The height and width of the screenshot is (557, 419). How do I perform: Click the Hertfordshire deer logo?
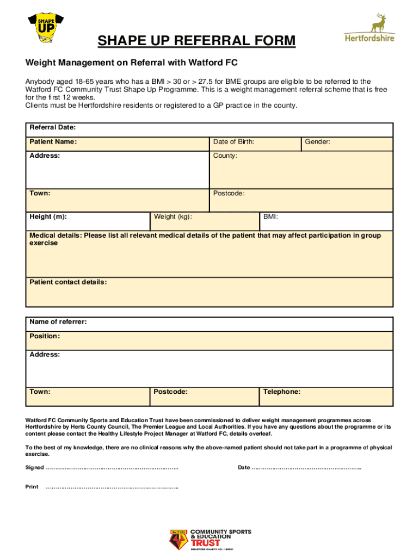point(376,28)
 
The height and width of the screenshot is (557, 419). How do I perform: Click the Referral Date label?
point(52,127)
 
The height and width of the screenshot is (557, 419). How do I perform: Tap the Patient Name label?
point(53,142)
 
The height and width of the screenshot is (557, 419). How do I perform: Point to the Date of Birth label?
point(233,142)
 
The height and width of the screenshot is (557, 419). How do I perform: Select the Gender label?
point(317,142)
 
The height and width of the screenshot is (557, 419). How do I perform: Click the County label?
point(225,156)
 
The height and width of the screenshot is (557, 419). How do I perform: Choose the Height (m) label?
point(48,216)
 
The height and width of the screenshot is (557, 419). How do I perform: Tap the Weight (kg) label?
point(172,216)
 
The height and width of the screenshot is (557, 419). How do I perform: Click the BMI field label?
point(270,216)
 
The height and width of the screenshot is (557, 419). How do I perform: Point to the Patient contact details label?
point(68,282)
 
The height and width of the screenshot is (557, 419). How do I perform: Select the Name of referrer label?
point(58,322)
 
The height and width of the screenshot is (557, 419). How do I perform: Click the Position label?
point(45,336)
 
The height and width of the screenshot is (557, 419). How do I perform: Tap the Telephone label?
point(281,392)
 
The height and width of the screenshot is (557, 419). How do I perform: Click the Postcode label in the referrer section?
point(170,392)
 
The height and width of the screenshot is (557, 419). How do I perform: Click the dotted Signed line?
point(112,468)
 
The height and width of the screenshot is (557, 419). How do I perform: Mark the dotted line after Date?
point(307,468)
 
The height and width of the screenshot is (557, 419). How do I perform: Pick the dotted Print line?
point(112,487)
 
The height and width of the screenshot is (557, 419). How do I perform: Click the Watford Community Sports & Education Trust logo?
point(211,539)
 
